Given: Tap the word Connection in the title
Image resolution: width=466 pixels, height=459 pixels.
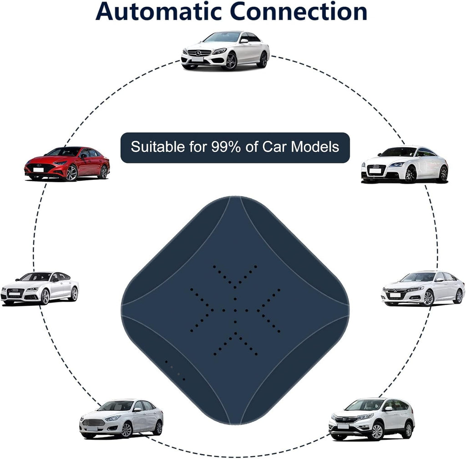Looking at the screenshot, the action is click(x=299, y=11).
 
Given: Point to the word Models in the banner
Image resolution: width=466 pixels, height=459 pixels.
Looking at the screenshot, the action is click(x=315, y=147).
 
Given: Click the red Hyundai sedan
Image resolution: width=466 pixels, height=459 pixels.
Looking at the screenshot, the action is click(x=67, y=163).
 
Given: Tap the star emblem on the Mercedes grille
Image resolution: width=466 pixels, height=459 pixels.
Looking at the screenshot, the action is click(x=198, y=53).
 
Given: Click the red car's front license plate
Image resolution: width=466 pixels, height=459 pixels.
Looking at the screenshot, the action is click(x=38, y=170).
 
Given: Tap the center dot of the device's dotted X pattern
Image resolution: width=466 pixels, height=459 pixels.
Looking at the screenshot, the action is click(x=235, y=311).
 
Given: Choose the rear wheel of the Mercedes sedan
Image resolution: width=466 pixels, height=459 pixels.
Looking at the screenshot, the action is click(x=263, y=60).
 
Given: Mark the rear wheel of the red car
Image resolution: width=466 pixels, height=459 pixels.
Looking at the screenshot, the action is click(x=104, y=172).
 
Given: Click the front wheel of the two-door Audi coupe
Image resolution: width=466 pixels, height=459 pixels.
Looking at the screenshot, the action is click(x=410, y=173).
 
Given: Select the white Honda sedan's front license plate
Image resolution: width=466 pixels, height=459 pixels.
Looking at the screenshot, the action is click(x=395, y=295).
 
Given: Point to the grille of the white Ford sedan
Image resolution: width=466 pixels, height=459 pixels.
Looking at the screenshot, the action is click(x=93, y=422).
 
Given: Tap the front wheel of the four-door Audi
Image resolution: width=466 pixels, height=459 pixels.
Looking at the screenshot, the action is click(x=45, y=296).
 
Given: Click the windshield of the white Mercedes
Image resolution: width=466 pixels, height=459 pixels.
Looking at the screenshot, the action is click(x=223, y=37).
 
